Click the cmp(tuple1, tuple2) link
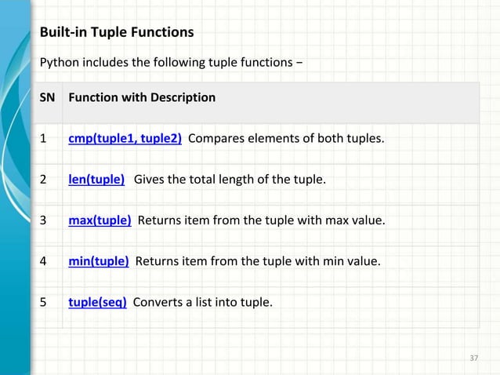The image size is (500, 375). (x=125, y=140)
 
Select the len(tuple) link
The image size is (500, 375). (x=96, y=180)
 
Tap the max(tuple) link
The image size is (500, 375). (x=100, y=220)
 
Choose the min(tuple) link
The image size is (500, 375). (x=99, y=260)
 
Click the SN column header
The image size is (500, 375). (x=47, y=98)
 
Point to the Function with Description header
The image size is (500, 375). (x=142, y=98)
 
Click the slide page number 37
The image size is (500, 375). (x=473, y=359)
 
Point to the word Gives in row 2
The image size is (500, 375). (x=150, y=180)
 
